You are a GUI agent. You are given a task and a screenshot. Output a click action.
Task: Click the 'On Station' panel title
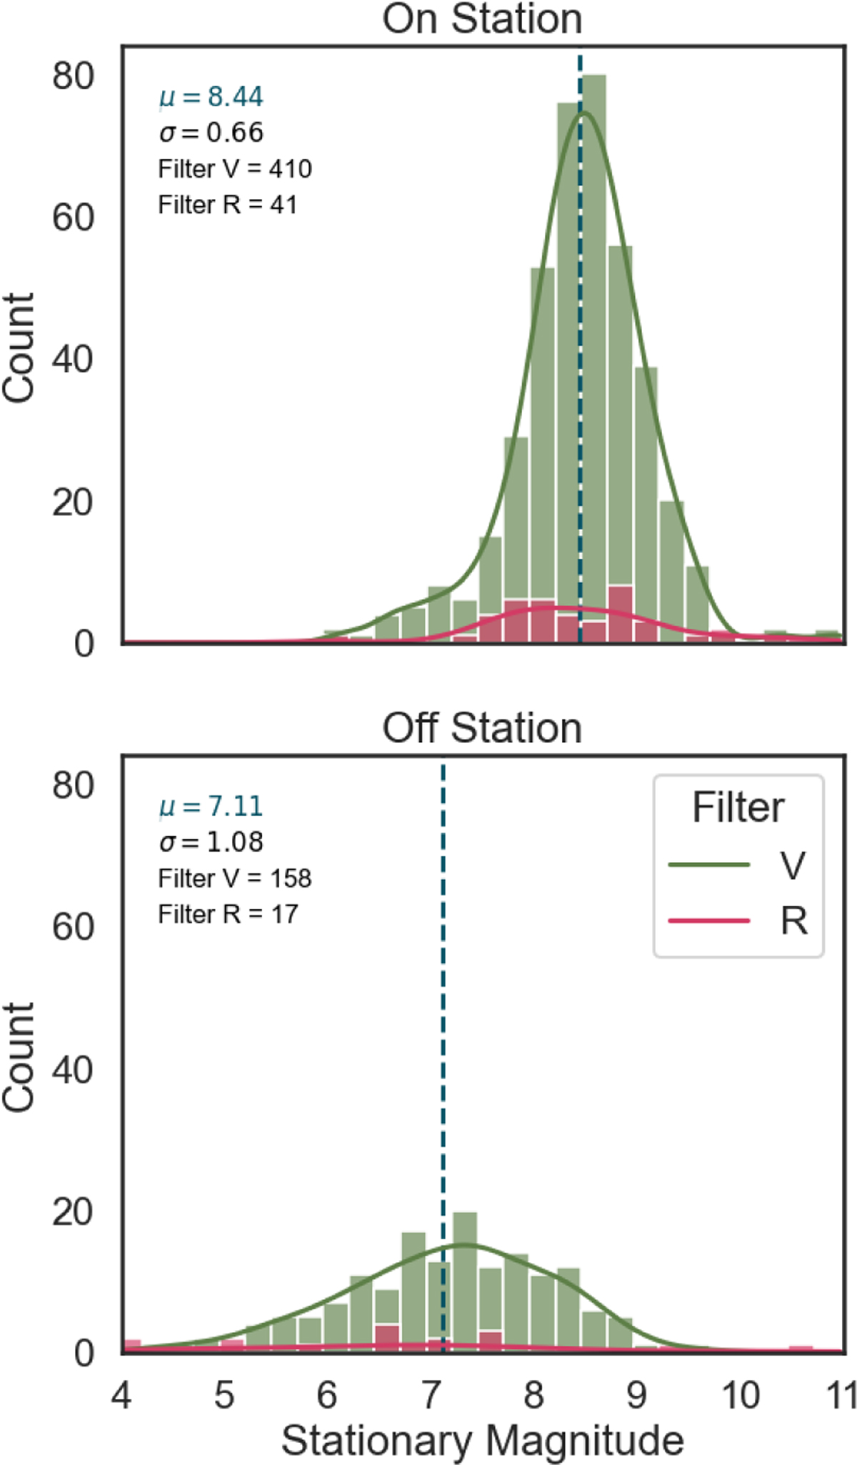coord(482,19)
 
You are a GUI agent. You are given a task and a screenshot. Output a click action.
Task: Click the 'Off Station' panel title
coord(482,729)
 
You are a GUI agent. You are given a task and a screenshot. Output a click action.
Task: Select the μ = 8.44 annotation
coord(211,96)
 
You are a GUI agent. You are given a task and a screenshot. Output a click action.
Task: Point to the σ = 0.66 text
coord(211,132)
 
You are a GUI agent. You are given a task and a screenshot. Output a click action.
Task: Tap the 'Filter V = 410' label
coord(235,169)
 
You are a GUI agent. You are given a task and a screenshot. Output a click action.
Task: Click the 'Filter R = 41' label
coord(227,205)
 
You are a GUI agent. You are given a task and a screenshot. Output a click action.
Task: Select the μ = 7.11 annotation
coord(211,806)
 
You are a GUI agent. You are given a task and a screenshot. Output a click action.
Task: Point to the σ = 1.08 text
coord(211,841)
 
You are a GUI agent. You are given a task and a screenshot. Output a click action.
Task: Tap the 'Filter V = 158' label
coord(235,878)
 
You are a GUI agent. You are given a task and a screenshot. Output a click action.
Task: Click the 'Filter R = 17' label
coord(228,914)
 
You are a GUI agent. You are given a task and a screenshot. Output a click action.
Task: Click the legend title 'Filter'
coord(738,808)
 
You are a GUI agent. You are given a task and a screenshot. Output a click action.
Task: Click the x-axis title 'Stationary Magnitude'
coord(483,1441)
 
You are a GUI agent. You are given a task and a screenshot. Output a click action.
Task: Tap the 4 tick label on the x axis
coord(121,1395)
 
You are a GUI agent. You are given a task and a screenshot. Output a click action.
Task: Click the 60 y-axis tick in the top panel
coord(73,217)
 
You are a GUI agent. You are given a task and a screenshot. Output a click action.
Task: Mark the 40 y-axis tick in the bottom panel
coord(73,1069)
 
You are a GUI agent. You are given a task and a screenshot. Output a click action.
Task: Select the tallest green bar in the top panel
coord(594,359)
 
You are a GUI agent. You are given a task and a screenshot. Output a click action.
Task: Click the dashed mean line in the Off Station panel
coord(443,1057)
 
